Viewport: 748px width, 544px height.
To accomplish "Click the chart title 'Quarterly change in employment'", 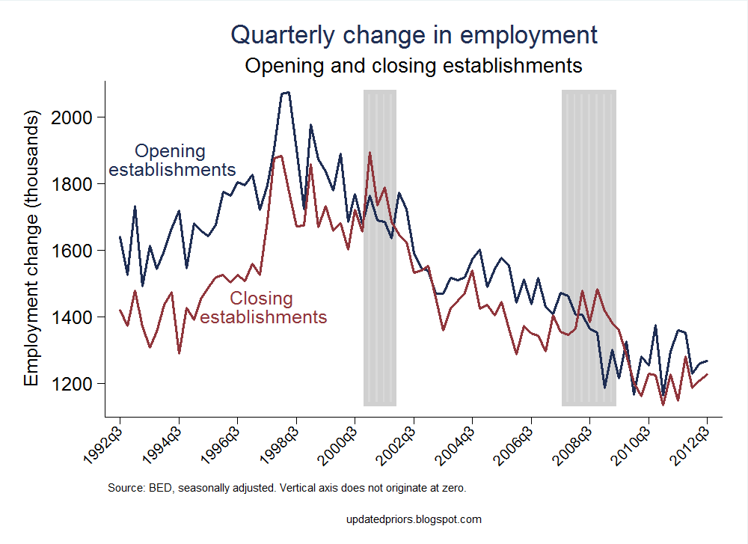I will pos(414,34).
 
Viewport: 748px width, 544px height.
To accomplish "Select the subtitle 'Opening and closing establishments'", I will pos(414,65).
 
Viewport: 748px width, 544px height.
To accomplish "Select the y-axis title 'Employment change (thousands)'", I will pos(31,249).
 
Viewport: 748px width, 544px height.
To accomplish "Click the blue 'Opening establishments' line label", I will pos(171,160).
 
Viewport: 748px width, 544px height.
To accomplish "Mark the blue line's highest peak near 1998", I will pos(286,92).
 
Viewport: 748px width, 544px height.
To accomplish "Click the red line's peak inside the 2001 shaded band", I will pos(370,153).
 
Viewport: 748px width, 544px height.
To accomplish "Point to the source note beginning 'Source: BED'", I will pos(287,488).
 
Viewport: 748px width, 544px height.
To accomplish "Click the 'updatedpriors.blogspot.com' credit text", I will pos(414,519).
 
